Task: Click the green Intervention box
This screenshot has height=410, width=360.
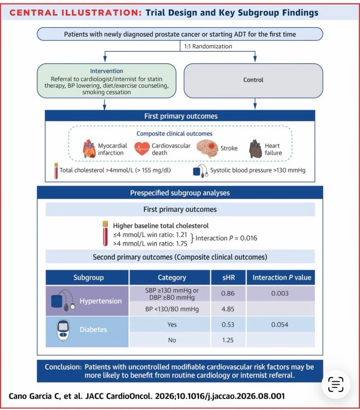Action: [x=107, y=81]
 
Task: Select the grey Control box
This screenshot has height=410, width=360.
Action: [x=253, y=81]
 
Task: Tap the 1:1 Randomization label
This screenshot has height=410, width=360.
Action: [x=208, y=46]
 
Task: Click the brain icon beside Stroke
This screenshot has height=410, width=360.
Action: [x=207, y=148]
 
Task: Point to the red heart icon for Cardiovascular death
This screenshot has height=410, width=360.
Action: [x=142, y=148]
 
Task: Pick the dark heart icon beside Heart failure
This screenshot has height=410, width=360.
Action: [x=256, y=149]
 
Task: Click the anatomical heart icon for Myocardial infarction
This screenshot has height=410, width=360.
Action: [x=89, y=148]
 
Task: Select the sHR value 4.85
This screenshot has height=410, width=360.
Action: [x=228, y=309]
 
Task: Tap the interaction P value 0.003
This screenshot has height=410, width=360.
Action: [x=279, y=294]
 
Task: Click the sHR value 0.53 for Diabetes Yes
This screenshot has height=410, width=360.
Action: [x=228, y=325]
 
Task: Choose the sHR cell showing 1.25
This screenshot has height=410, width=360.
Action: [x=228, y=340]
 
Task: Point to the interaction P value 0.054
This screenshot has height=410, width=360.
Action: [x=279, y=325]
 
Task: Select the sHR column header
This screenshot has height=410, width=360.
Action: [x=228, y=277]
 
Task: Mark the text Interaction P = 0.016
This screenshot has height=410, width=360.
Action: [x=226, y=238]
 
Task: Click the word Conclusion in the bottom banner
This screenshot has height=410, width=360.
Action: [x=63, y=367]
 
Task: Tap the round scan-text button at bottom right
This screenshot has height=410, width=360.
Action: [x=336, y=384]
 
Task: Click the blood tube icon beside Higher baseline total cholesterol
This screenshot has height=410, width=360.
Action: [x=105, y=233]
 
